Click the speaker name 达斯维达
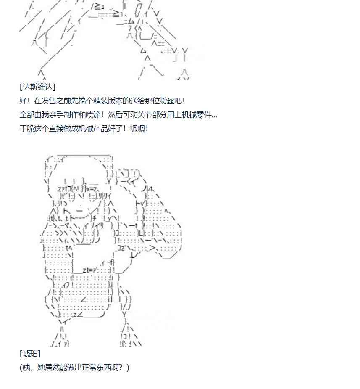(37, 87)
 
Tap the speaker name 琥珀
(30, 354)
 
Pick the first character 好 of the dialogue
(23, 101)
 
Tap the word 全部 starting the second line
(26, 115)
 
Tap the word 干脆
(26, 129)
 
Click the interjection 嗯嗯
(137, 129)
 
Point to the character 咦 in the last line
(26, 368)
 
